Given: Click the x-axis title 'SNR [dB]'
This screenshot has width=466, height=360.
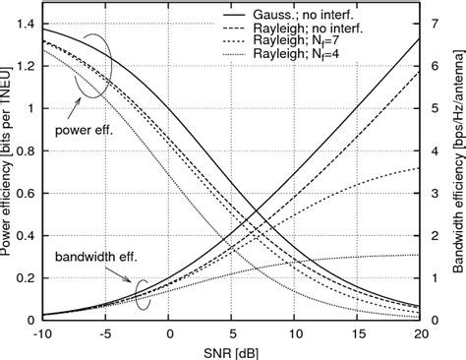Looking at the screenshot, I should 230,351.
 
